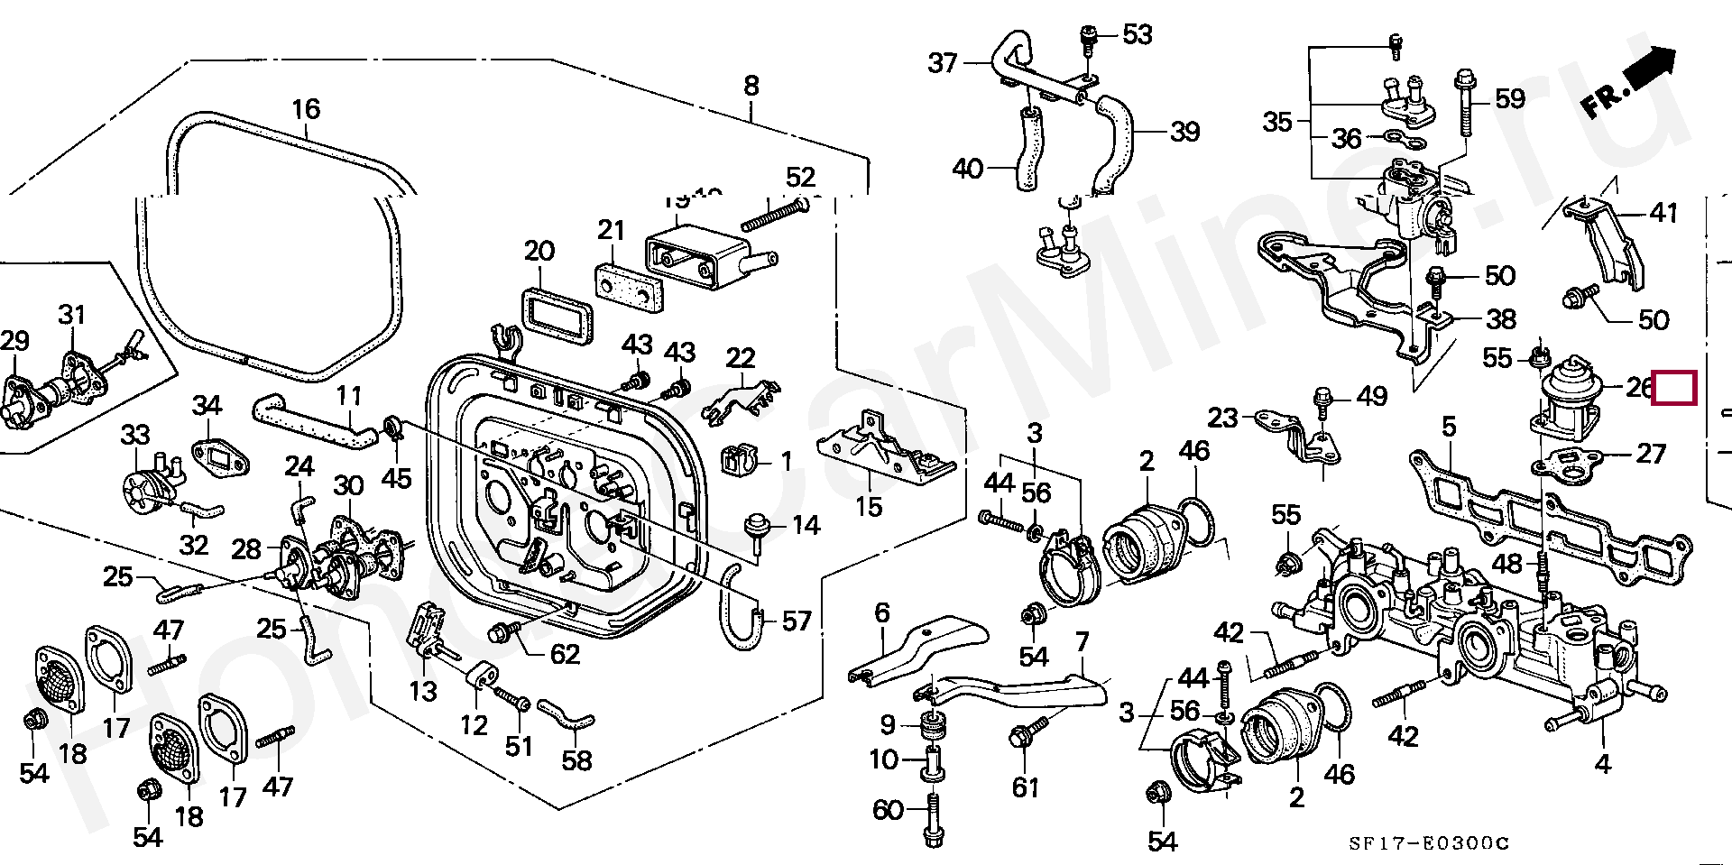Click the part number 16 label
[306, 110]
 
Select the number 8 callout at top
[751, 87]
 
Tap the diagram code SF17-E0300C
[1429, 842]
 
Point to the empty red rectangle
[1674, 388]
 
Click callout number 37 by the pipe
[943, 63]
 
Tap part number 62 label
[565, 654]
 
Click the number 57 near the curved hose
[796, 621]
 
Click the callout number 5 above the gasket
[1449, 426]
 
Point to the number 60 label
[888, 810]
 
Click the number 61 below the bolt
[1025, 787]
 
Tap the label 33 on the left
[135, 435]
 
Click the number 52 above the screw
[800, 177]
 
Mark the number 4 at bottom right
[1601, 765]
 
